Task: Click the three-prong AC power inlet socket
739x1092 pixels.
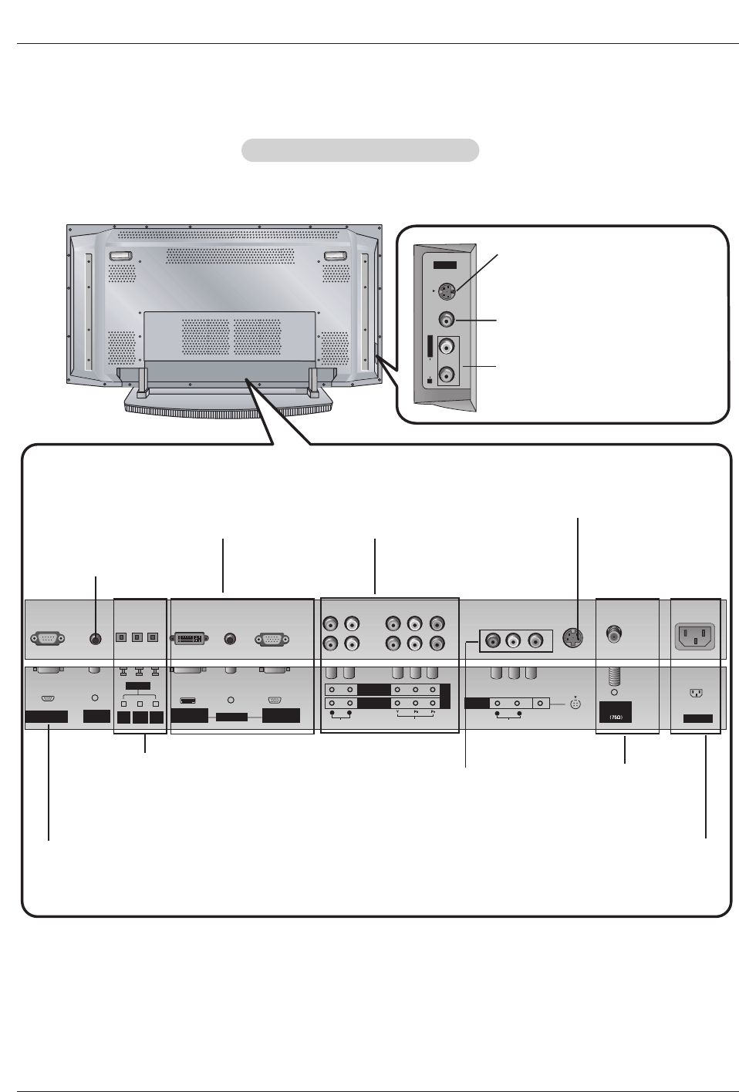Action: pyautogui.click(x=695, y=637)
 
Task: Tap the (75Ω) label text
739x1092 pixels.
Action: pyautogui.click(x=616, y=717)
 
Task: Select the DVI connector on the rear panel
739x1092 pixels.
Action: pyautogui.click(x=189, y=639)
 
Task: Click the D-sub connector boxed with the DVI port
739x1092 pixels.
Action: pyautogui.click(x=272, y=639)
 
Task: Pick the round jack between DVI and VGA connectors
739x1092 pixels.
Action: pyautogui.click(x=229, y=639)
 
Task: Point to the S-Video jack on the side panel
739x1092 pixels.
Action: pyautogui.click(x=446, y=292)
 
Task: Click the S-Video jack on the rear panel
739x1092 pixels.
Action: pyautogui.click(x=572, y=638)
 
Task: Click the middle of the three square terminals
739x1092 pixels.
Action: pyautogui.click(x=137, y=637)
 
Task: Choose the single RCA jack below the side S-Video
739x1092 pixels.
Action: pyautogui.click(x=446, y=319)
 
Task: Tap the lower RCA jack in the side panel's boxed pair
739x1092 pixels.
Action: pyautogui.click(x=447, y=375)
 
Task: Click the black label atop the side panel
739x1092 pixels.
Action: pyautogui.click(x=444, y=265)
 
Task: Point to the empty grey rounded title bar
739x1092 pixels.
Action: pyautogui.click(x=360, y=150)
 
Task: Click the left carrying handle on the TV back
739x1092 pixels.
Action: pyautogui.click(x=120, y=256)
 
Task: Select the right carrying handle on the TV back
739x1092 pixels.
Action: pyautogui.click(x=335, y=256)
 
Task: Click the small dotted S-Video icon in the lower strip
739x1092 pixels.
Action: pyautogui.click(x=575, y=704)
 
